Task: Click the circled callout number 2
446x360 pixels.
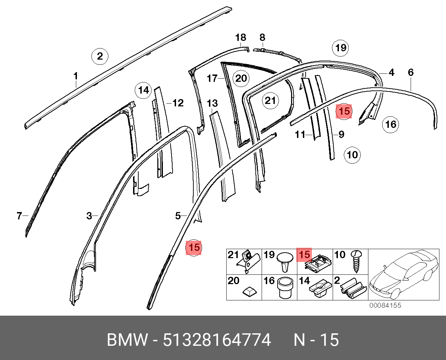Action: coord(100,56)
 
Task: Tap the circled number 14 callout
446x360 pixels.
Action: coord(143,90)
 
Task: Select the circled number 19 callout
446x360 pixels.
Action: coord(340,48)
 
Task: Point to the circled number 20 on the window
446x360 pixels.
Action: coord(241,79)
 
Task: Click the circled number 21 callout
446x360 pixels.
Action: coord(270,101)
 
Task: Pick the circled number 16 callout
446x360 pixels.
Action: coord(391,124)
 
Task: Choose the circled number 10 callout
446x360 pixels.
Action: coord(352,155)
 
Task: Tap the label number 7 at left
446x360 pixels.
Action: coord(19,216)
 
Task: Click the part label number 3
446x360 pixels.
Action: coord(89,216)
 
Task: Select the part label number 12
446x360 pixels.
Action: coord(178,103)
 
